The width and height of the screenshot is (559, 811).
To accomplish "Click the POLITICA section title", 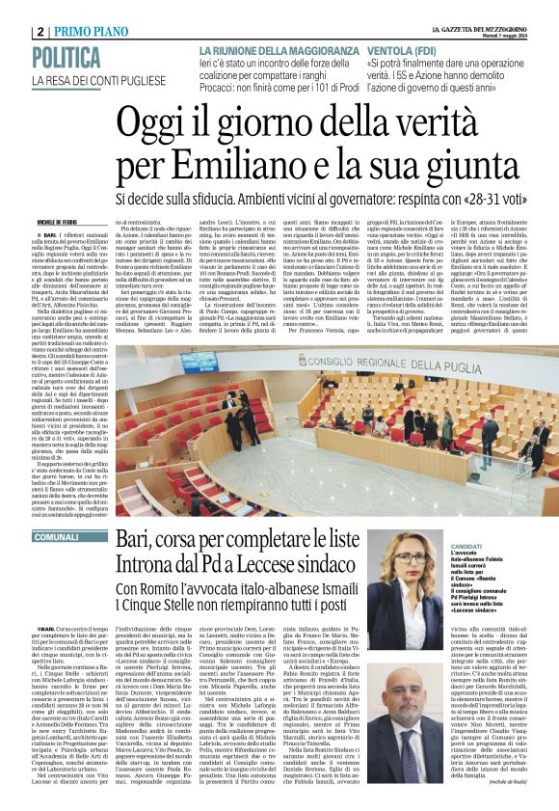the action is (71, 56).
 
